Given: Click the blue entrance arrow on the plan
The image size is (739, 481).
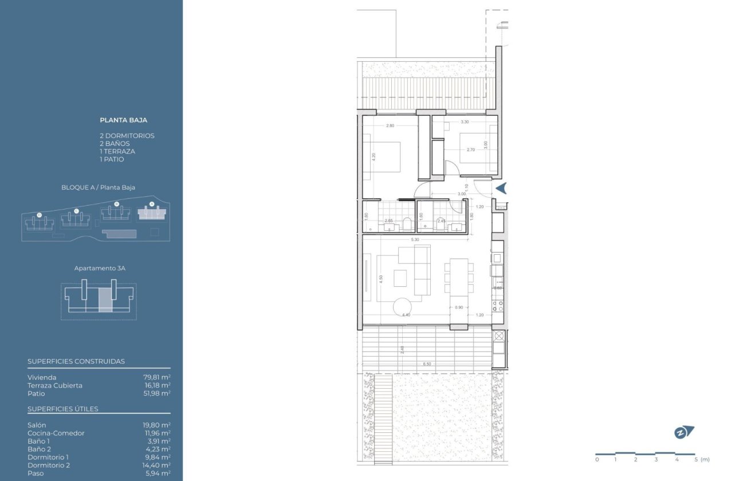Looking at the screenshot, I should [501, 188].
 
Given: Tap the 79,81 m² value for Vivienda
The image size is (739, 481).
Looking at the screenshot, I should [156, 377].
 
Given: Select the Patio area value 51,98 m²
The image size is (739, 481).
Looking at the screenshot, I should [156, 393].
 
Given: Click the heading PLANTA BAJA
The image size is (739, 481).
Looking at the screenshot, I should [123, 120].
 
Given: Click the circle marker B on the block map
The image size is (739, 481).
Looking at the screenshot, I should [116, 204].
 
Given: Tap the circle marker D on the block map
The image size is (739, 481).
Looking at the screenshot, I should [39, 215].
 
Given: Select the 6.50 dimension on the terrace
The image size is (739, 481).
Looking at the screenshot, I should [427, 364].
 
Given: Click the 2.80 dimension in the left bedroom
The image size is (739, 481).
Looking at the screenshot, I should [390, 125].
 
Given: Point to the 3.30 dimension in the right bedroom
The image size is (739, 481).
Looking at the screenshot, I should [465, 122].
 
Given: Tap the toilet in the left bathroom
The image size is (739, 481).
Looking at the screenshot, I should [406, 223].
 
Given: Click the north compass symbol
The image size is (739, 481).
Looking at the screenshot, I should [683, 433].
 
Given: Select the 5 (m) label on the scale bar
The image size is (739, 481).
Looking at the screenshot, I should [700, 459].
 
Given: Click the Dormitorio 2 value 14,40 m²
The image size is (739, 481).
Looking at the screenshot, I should [156, 466].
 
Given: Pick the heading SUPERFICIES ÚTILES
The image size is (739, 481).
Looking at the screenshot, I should [62, 409].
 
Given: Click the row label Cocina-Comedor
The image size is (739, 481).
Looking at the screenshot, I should [56, 433].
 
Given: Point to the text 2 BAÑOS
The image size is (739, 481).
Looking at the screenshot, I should [115, 144].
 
